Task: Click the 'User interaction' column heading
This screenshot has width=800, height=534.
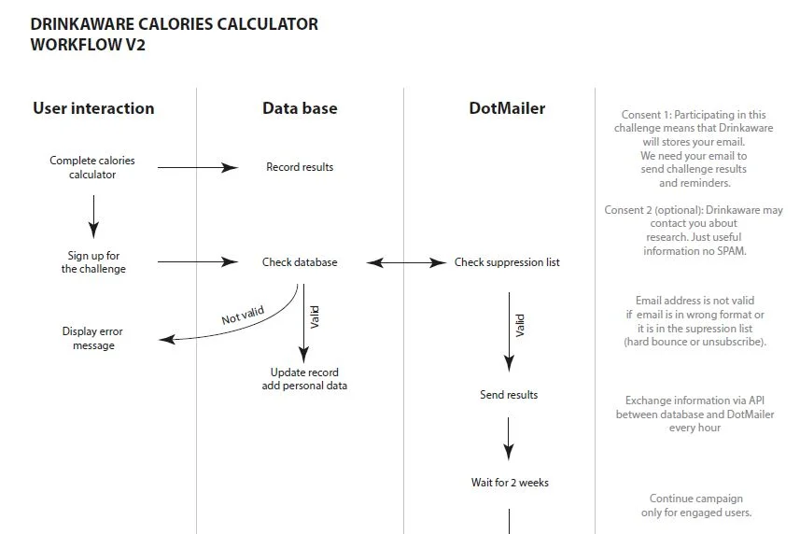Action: (x=93, y=108)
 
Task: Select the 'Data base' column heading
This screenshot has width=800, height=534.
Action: (x=300, y=108)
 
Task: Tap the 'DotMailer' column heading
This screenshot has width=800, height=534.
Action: (x=507, y=108)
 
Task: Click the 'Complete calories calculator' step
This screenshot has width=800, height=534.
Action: (x=92, y=167)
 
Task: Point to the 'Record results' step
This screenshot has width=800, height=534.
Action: (x=300, y=167)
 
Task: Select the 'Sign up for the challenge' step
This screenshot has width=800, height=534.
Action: (x=93, y=262)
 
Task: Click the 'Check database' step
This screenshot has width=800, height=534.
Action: (x=300, y=262)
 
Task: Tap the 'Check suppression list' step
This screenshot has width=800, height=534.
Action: (x=507, y=262)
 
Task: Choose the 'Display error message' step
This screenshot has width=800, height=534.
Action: (x=92, y=338)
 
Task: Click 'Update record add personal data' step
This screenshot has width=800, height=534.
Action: (x=304, y=379)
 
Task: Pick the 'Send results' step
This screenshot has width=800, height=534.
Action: (x=509, y=395)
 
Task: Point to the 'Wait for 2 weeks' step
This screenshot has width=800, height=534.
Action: (x=510, y=483)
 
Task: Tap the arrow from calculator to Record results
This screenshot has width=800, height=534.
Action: (x=198, y=167)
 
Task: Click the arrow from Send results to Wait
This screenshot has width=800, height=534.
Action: (x=509, y=437)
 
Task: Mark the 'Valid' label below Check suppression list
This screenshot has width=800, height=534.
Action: (x=520, y=325)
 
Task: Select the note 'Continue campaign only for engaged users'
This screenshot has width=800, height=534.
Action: (x=695, y=505)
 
